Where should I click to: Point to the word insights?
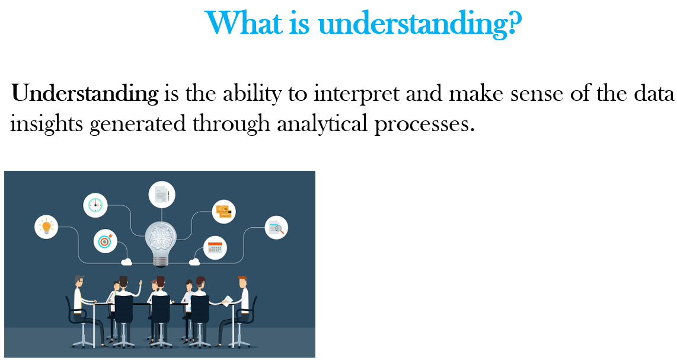[x=46, y=125]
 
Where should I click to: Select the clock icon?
[x=95, y=205]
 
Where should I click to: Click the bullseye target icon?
[x=106, y=241]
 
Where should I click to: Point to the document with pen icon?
[x=162, y=195]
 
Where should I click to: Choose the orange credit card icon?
[x=223, y=212]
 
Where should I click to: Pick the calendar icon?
[x=215, y=248]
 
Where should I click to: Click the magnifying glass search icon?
[x=276, y=227]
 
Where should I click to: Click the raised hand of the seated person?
[x=140, y=283]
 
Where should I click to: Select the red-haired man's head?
[x=242, y=282]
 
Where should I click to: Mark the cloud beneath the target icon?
[x=126, y=262]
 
